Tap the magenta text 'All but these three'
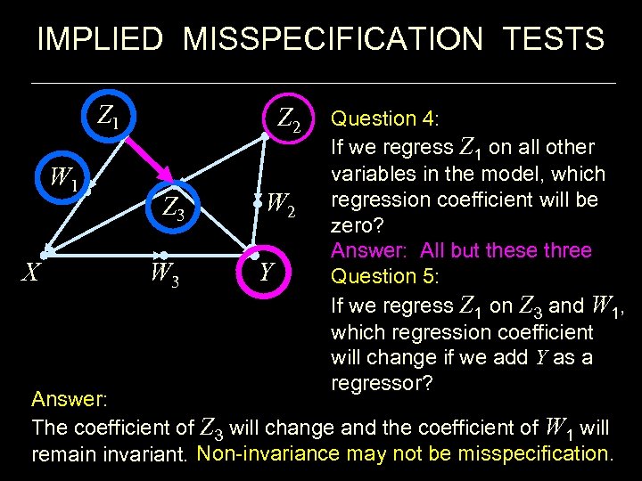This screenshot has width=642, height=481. coord(506,250)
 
